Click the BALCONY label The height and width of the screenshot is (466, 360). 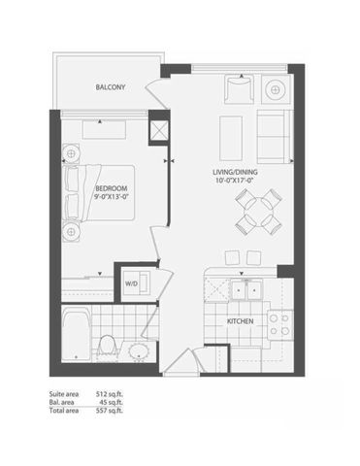(x=110, y=88)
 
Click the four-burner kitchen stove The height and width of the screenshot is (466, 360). (x=280, y=321)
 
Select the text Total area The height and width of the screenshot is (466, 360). (x=63, y=411)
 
